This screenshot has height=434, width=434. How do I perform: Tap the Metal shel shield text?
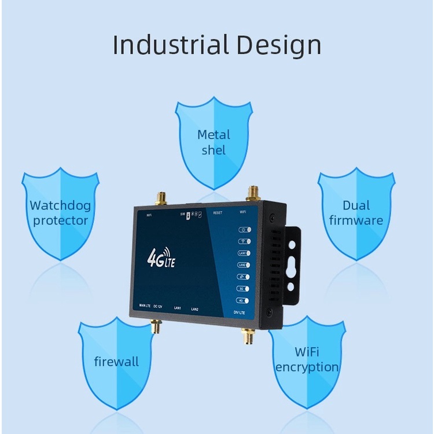pos(214,142)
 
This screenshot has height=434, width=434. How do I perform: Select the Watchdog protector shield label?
pos(60,212)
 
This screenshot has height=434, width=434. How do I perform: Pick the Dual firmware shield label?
pos(356,212)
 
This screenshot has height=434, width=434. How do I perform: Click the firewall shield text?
pos(116,362)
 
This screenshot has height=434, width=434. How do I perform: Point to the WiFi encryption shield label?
pos(307,359)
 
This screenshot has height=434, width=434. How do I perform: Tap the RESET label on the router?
pos(218,213)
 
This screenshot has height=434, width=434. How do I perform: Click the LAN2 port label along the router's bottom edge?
pos(194,309)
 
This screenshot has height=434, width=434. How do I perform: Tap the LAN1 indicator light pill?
pos(242,253)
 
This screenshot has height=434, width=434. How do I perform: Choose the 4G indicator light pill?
pos(241,300)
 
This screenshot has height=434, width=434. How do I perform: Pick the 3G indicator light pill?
pos(242,289)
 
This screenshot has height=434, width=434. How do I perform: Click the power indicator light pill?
pos(244,230)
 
